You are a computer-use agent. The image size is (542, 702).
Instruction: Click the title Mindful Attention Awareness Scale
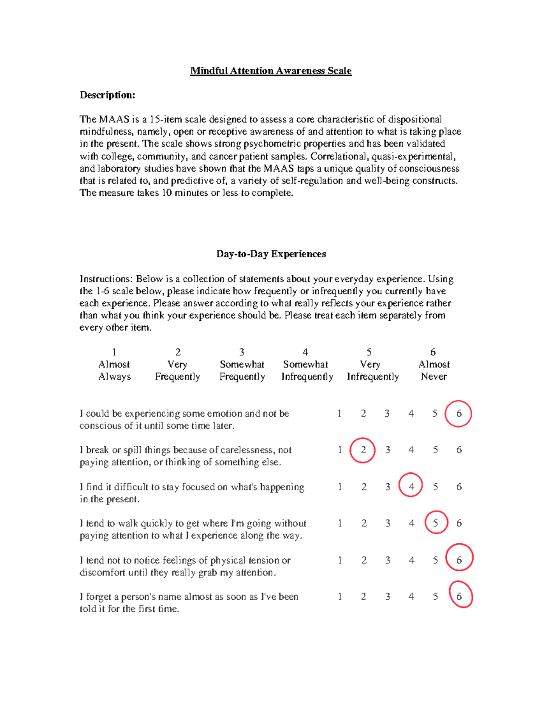pyautogui.click(x=271, y=71)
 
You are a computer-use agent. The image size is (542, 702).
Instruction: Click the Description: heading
pyautogui.click(x=107, y=95)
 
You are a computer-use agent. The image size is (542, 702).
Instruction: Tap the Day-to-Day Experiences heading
pyautogui.click(x=271, y=254)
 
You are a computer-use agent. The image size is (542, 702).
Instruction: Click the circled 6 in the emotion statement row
pyautogui.click(x=458, y=414)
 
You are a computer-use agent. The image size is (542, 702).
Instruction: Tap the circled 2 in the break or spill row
pyautogui.click(x=363, y=450)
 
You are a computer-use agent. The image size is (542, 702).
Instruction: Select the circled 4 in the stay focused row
pyautogui.click(x=411, y=487)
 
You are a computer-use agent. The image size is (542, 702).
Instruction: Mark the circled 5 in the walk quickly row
pyautogui.click(x=435, y=523)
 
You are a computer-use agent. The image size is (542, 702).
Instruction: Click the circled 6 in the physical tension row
pyautogui.click(x=459, y=560)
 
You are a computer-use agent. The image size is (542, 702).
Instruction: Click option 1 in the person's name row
pyautogui.click(x=340, y=597)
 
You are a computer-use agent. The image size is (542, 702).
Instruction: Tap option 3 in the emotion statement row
pyautogui.click(x=387, y=414)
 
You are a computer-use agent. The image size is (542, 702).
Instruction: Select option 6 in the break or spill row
pyautogui.click(x=459, y=450)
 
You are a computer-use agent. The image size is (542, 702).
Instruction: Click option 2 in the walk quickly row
pyautogui.click(x=364, y=523)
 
